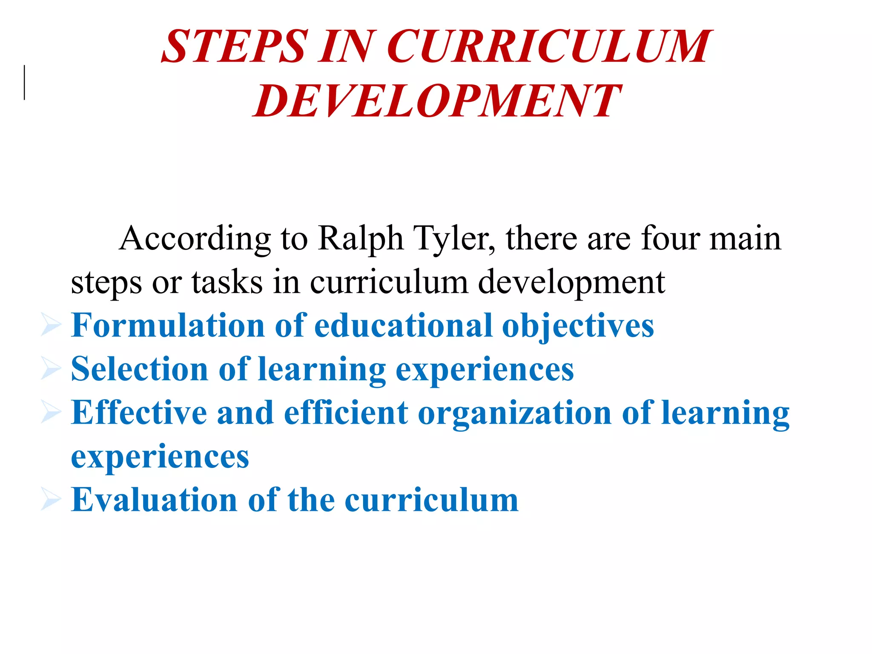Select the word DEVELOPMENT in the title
click(436, 101)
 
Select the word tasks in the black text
click(227, 282)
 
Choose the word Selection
click(139, 369)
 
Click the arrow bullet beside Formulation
click(51, 326)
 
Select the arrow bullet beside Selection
click(51, 369)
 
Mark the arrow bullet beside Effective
click(51, 413)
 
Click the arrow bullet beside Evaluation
click(51, 500)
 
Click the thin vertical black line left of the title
click(24, 83)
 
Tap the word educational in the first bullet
click(403, 325)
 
